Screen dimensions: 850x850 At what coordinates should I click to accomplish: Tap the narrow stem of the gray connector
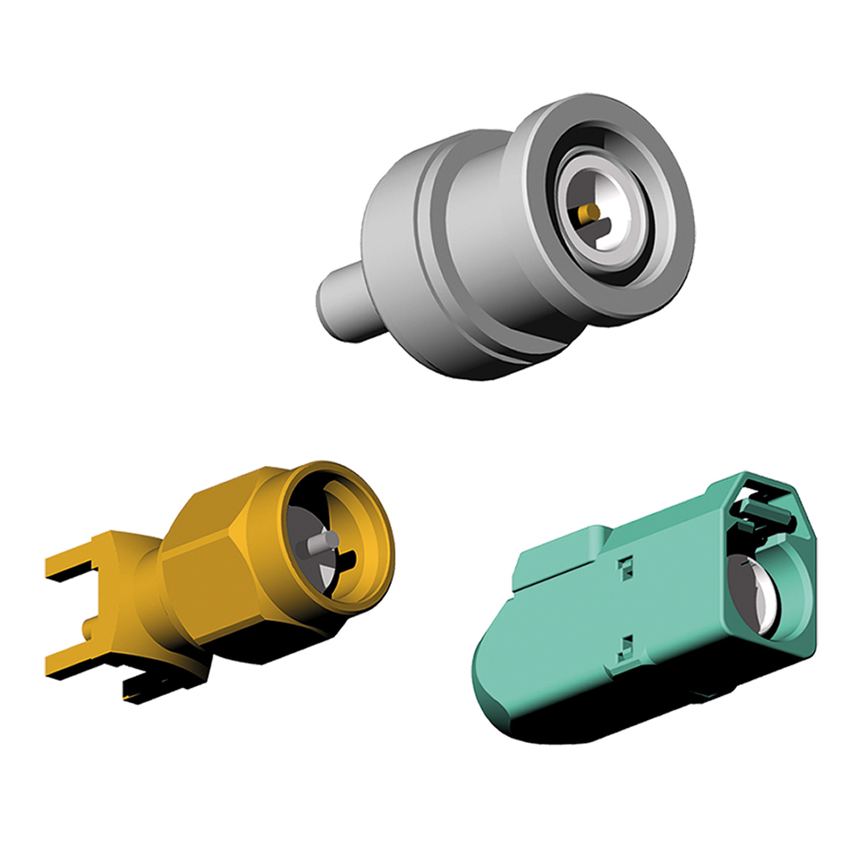coord(344,302)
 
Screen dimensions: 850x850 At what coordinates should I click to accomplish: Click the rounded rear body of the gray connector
coord(395,229)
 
